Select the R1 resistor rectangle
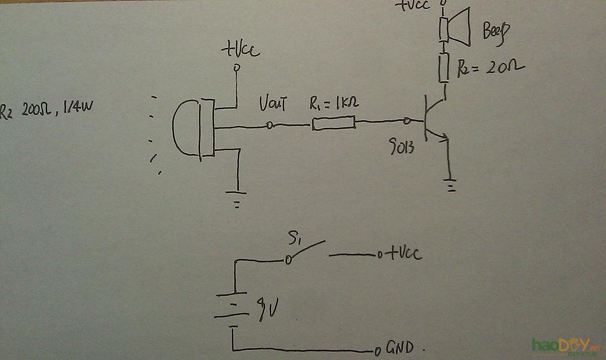(334, 123)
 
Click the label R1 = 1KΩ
(334, 104)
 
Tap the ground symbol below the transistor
(451, 186)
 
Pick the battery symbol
(234, 309)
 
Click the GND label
(401, 347)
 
